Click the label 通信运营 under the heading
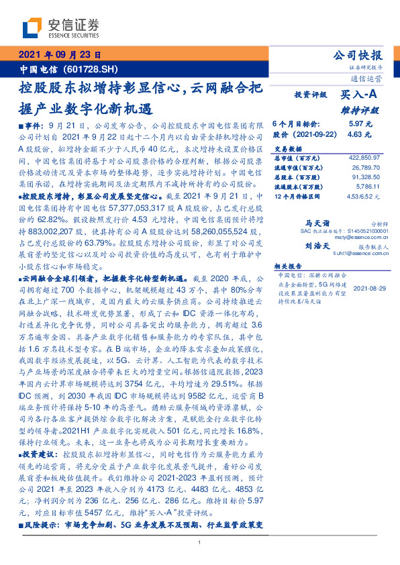click(x=368, y=78)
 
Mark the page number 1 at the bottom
click(x=200, y=542)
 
